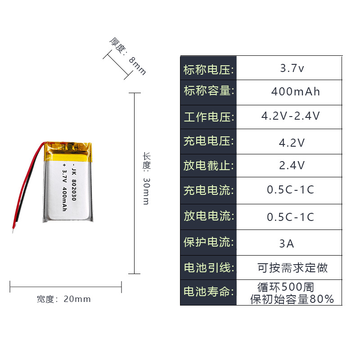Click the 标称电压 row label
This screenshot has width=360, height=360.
(x=208, y=70)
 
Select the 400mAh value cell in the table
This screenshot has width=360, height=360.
(x=295, y=92)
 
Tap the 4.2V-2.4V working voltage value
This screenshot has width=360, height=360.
(x=291, y=116)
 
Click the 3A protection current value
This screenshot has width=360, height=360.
(x=287, y=243)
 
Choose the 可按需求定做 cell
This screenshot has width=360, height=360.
(x=292, y=268)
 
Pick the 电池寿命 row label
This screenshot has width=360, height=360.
(x=208, y=292)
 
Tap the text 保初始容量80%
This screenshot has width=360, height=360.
(x=292, y=299)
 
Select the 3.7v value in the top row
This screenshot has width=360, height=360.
(x=292, y=69)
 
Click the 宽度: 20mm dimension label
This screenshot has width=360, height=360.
(x=64, y=299)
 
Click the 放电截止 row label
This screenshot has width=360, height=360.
(x=208, y=165)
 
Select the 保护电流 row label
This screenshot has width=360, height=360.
(x=208, y=242)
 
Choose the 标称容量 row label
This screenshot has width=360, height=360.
(x=208, y=91)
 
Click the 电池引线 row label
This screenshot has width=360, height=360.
(x=208, y=268)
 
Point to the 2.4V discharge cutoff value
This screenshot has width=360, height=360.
(x=292, y=165)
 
